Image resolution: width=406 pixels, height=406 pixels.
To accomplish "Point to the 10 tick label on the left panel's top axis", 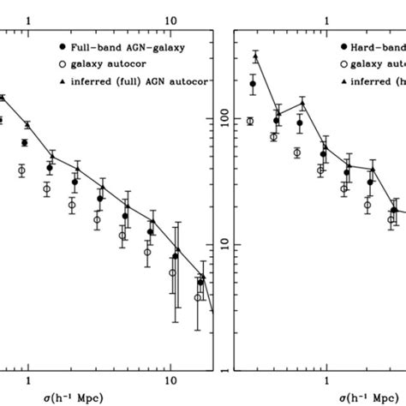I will (x=170, y=17).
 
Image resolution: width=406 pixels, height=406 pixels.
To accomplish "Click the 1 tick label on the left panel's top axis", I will (x=29, y=17).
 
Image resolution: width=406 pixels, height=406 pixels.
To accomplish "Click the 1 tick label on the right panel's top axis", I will (x=326, y=17).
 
